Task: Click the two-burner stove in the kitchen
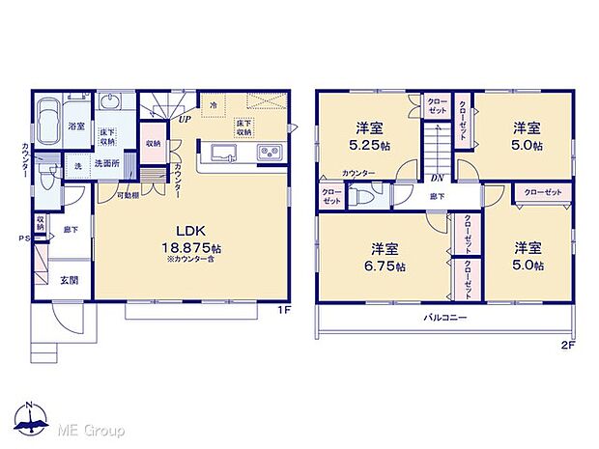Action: pos(269,153)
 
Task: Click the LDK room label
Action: pos(188,230)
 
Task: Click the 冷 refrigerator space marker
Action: pos(213,103)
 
